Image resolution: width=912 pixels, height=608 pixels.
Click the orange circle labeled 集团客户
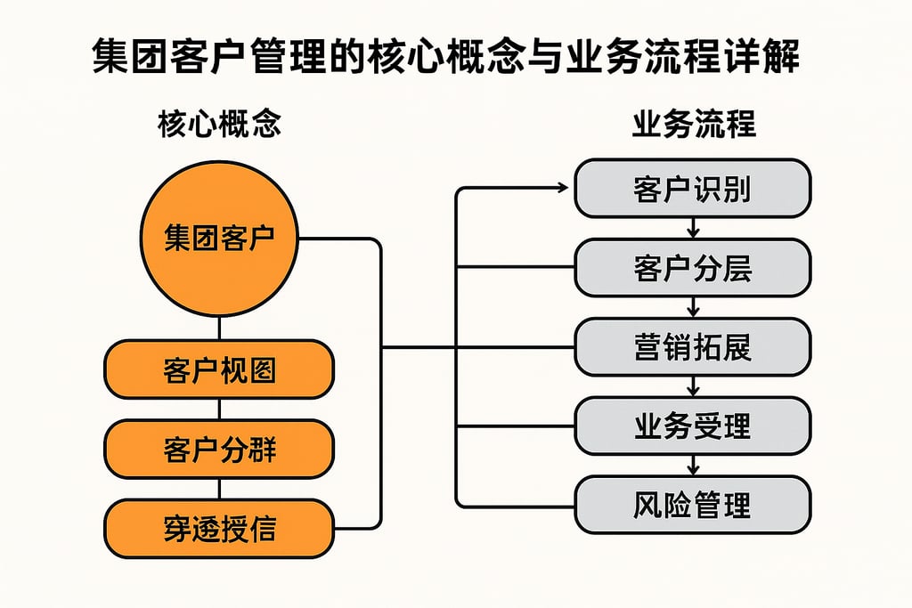coord(219,239)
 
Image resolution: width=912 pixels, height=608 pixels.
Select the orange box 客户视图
coord(219,369)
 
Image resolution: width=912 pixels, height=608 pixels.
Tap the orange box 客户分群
coord(219,449)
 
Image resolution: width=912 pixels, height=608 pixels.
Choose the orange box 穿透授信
coord(219,529)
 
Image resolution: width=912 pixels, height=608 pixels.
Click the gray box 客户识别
coord(692,189)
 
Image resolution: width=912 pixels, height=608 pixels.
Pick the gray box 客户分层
coord(692,267)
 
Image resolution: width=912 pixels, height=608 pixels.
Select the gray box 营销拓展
coord(692,346)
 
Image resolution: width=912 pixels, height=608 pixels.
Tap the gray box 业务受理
coord(692,426)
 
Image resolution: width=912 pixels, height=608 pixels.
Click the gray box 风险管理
coord(692,505)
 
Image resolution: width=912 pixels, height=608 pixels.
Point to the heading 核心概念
coord(219,125)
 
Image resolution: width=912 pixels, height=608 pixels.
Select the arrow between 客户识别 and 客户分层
coord(692,228)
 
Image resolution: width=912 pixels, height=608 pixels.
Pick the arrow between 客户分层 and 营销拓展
coord(692,307)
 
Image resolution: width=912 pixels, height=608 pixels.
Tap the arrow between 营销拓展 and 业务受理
coord(692,386)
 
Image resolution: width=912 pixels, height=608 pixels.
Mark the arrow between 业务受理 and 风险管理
coord(692,466)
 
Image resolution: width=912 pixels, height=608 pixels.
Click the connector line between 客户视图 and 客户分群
coord(219,409)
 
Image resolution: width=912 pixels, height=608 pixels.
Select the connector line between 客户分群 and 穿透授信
coord(219,489)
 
